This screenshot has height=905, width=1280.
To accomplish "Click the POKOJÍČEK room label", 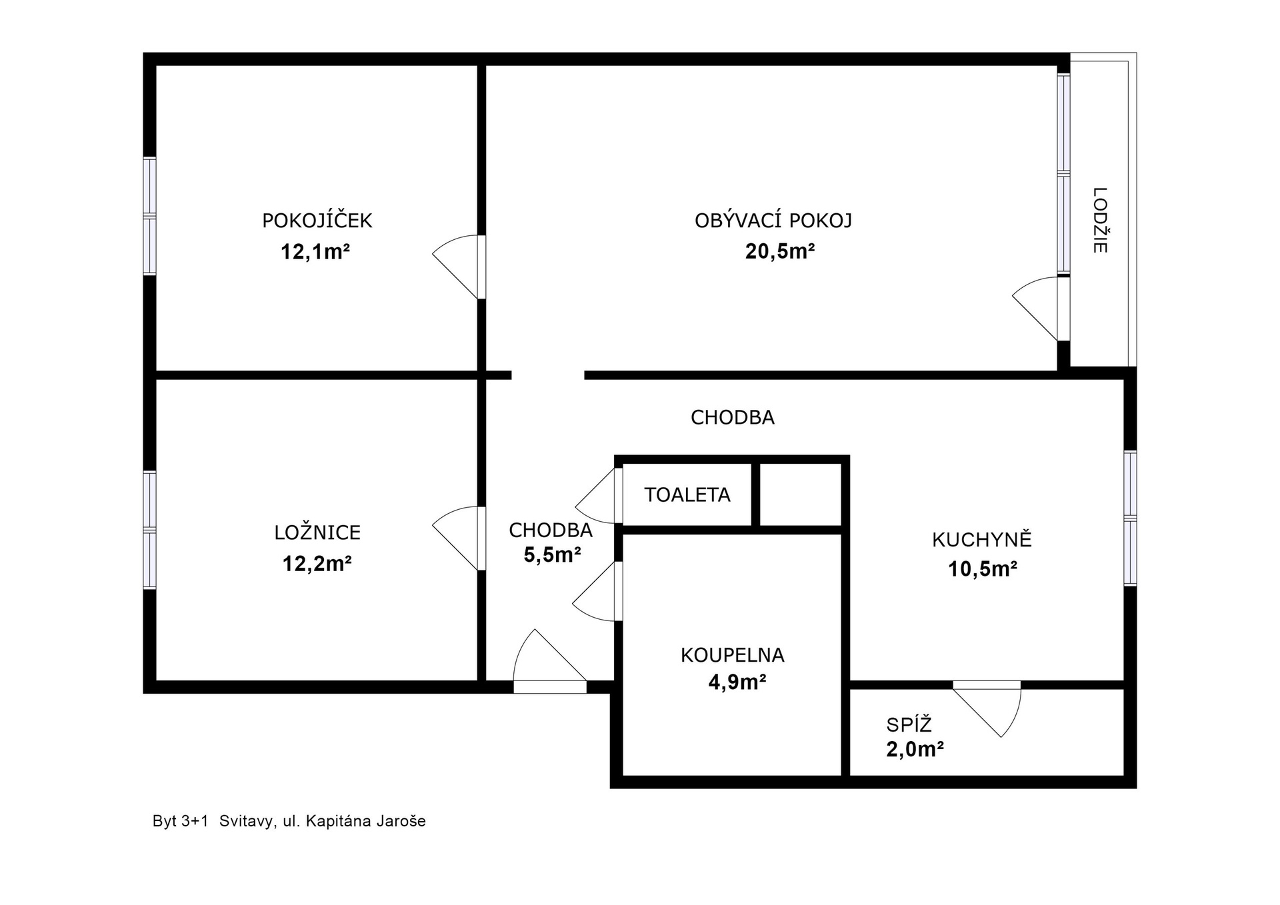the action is [x=317, y=220].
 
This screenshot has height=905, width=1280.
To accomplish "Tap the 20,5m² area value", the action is [x=780, y=251].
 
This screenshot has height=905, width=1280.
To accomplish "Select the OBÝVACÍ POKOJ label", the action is [x=773, y=220].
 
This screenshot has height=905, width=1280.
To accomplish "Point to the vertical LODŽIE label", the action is [x=1100, y=220].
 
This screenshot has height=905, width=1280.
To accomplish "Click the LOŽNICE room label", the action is [x=317, y=532].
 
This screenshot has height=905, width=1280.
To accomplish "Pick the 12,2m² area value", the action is [x=317, y=564].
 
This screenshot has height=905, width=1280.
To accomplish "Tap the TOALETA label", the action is [x=687, y=494].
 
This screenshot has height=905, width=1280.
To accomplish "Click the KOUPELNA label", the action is [x=732, y=655].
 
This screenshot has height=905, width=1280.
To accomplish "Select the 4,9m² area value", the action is [x=737, y=682].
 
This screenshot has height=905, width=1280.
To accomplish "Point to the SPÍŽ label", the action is [x=909, y=724].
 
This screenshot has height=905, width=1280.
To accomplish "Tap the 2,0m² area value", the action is [x=915, y=750].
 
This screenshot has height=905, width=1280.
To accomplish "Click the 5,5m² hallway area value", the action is [x=552, y=554].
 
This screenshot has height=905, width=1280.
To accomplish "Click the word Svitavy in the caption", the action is [x=245, y=822].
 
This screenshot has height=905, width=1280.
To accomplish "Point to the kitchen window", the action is [x=1130, y=518].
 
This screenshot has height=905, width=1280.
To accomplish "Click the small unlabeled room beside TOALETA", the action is [x=801, y=494].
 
